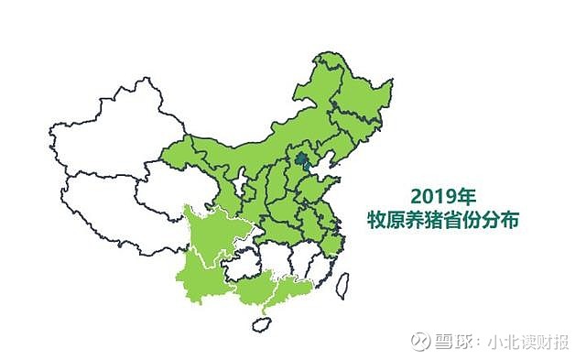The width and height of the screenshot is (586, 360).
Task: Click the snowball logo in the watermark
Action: point(421,341)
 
